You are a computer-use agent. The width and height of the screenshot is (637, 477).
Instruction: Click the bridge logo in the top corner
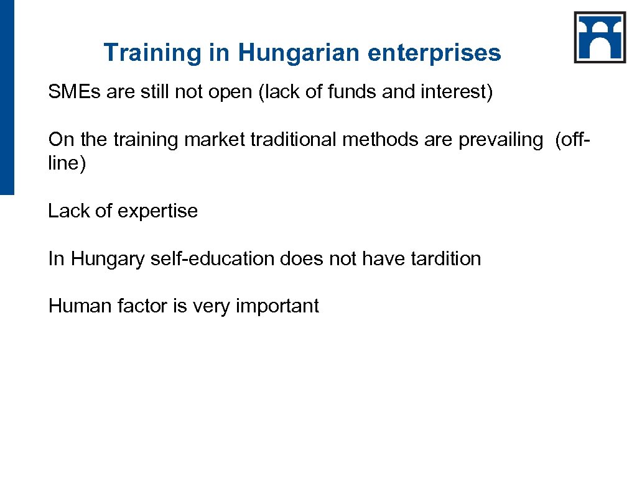tap(600, 37)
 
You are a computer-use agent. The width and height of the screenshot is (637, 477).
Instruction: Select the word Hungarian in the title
tap(298, 53)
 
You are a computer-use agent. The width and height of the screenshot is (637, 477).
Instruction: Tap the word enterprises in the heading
tap(434, 53)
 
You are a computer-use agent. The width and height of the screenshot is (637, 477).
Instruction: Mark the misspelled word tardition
tap(446, 258)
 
